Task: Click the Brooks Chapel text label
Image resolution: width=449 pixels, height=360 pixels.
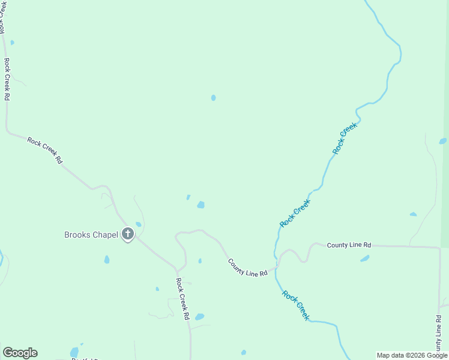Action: point(91,235)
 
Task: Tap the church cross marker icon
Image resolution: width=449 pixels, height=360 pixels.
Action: point(127,233)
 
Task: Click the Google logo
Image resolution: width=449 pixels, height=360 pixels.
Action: point(20,353)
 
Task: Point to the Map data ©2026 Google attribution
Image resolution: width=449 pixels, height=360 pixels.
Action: point(412,355)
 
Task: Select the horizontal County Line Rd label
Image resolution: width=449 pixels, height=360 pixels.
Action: point(349,245)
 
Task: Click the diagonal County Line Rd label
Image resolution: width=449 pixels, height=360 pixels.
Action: point(247,267)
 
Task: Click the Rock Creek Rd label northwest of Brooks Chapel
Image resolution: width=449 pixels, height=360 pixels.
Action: point(45,150)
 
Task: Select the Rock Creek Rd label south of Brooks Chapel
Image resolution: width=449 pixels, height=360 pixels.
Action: point(182,298)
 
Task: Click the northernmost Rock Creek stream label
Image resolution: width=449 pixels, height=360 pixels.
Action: point(345,138)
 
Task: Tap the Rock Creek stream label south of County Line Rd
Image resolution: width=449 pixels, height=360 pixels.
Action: point(296,305)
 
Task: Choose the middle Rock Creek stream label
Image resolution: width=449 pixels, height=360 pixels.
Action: point(295,213)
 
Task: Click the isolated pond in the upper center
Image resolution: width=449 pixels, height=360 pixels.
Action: point(213,97)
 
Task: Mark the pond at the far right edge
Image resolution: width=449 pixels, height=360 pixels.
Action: point(443,141)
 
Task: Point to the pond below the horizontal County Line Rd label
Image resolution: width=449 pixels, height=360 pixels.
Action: point(364,259)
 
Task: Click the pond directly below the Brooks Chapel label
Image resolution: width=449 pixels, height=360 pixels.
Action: point(107,259)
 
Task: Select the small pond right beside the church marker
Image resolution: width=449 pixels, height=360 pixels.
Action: point(138,224)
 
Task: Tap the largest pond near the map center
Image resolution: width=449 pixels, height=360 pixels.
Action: point(200,205)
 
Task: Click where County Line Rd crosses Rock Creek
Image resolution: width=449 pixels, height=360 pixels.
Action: point(276,267)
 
